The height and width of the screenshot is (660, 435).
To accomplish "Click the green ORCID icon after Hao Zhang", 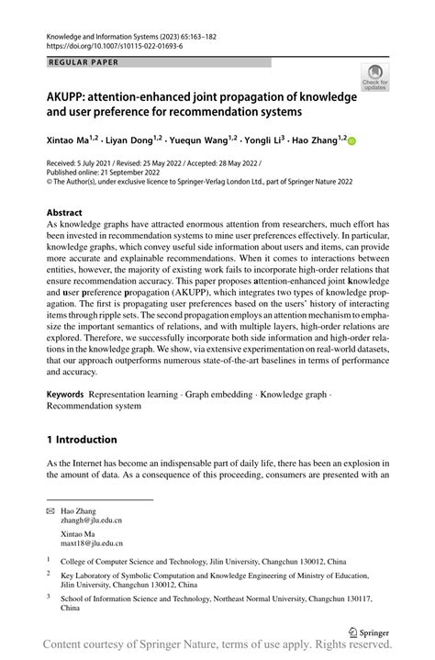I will coord(351,141).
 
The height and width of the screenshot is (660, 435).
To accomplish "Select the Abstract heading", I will coord(71,211).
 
